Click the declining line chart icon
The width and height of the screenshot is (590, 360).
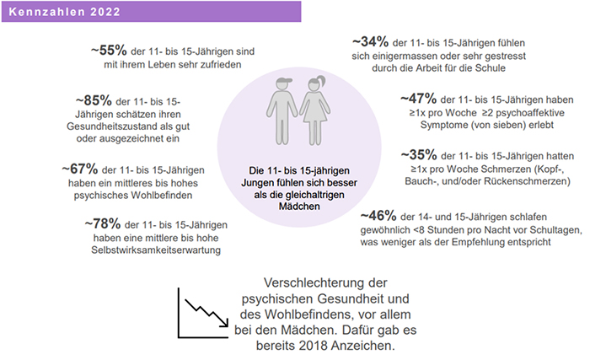201,311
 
